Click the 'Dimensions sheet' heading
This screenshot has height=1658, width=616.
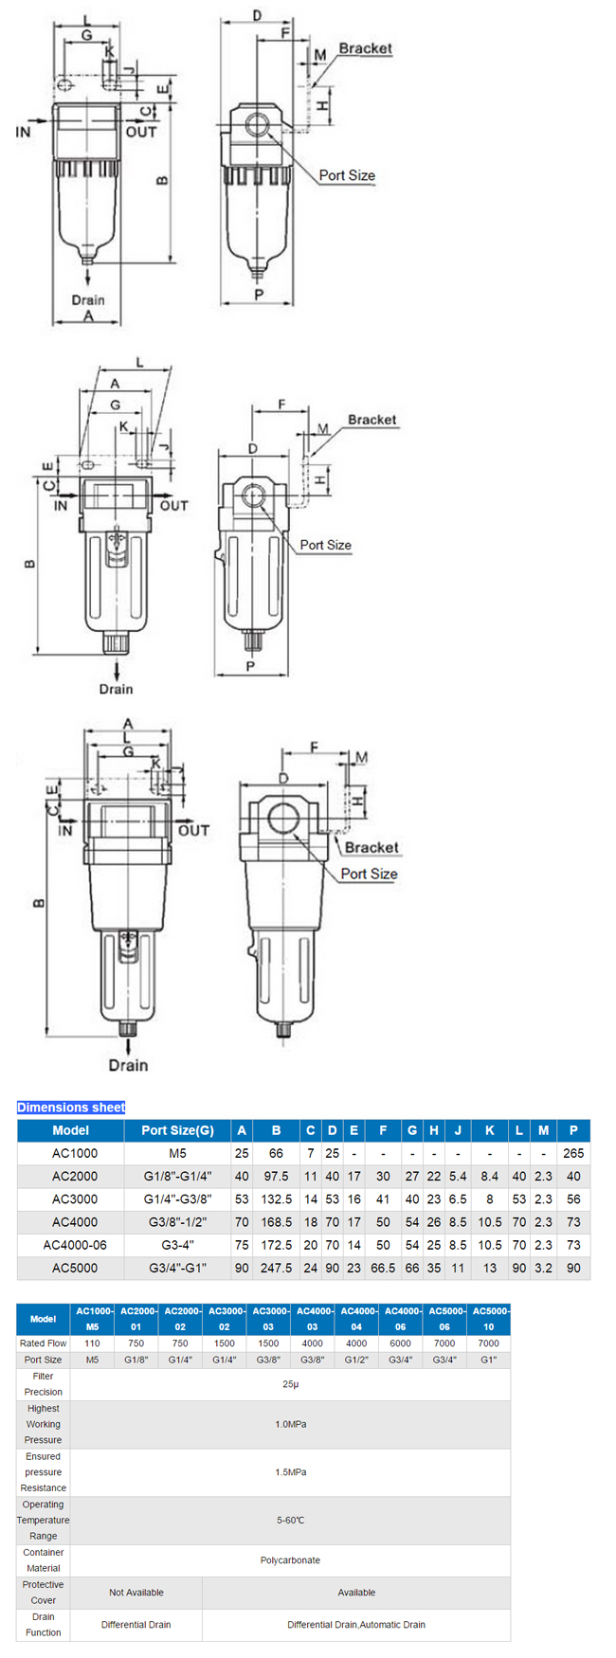(x=71, y=1107)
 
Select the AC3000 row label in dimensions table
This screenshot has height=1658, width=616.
(x=74, y=1198)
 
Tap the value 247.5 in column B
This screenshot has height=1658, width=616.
(x=276, y=1268)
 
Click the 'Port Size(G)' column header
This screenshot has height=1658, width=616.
(x=177, y=1130)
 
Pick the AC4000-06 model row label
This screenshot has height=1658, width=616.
(x=75, y=1245)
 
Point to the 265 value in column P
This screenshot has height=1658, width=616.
(x=573, y=1153)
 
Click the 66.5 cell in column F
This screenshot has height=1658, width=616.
(x=383, y=1268)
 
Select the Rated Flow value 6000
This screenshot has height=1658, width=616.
(x=400, y=1343)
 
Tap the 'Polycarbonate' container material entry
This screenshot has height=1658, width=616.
(x=290, y=1559)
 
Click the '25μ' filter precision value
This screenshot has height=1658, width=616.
(x=290, y=1384)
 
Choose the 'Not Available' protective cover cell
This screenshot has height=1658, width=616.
(x=136, y=1593)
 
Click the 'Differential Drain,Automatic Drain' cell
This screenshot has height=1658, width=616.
(x=356, y=1625)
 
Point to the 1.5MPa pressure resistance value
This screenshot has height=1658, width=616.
(x=290, y=1472)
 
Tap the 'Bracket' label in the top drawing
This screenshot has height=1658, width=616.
(x=365, y=48)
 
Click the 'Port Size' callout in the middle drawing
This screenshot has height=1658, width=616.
(x=325, y=545)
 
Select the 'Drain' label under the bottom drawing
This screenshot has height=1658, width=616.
(x=128, y=1065)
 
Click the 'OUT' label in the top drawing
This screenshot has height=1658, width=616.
(x=141, y=132)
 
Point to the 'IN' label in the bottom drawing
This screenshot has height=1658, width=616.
(x=64, y=831)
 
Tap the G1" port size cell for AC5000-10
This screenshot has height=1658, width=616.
(x=488, y=1360)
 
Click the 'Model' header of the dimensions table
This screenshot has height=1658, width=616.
(x=71, y=1130)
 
